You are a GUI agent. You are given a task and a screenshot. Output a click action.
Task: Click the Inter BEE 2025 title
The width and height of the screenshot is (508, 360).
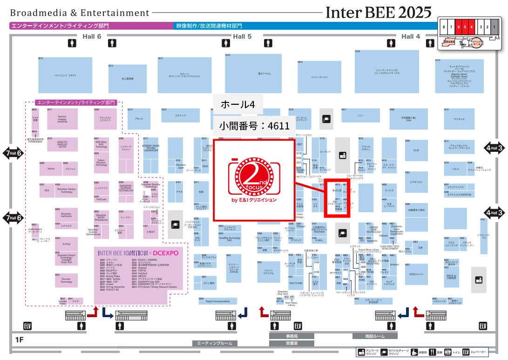[378, 11]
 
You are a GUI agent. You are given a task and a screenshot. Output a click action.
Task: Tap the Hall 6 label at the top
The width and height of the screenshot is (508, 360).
[92, 36]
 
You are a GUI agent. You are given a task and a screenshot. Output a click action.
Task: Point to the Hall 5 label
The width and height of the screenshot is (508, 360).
[242, 36]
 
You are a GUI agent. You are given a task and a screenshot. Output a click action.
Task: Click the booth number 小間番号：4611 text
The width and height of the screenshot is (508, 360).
[255, 125]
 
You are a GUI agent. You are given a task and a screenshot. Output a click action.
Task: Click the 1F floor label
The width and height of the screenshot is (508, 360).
[19, 339]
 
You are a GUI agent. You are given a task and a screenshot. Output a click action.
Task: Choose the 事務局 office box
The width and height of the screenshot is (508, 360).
[291, 336]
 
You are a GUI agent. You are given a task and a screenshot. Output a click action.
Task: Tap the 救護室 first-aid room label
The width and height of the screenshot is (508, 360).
[291, 343]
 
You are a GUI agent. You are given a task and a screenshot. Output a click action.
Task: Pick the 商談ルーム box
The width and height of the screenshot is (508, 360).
[375, 336]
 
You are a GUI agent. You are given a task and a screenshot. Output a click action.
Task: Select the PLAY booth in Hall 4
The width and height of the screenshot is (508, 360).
[416, 150]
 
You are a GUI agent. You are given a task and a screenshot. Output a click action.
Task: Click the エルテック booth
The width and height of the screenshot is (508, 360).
[180, 115]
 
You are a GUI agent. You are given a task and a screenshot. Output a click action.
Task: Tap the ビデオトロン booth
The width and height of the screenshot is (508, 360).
[416, 182]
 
